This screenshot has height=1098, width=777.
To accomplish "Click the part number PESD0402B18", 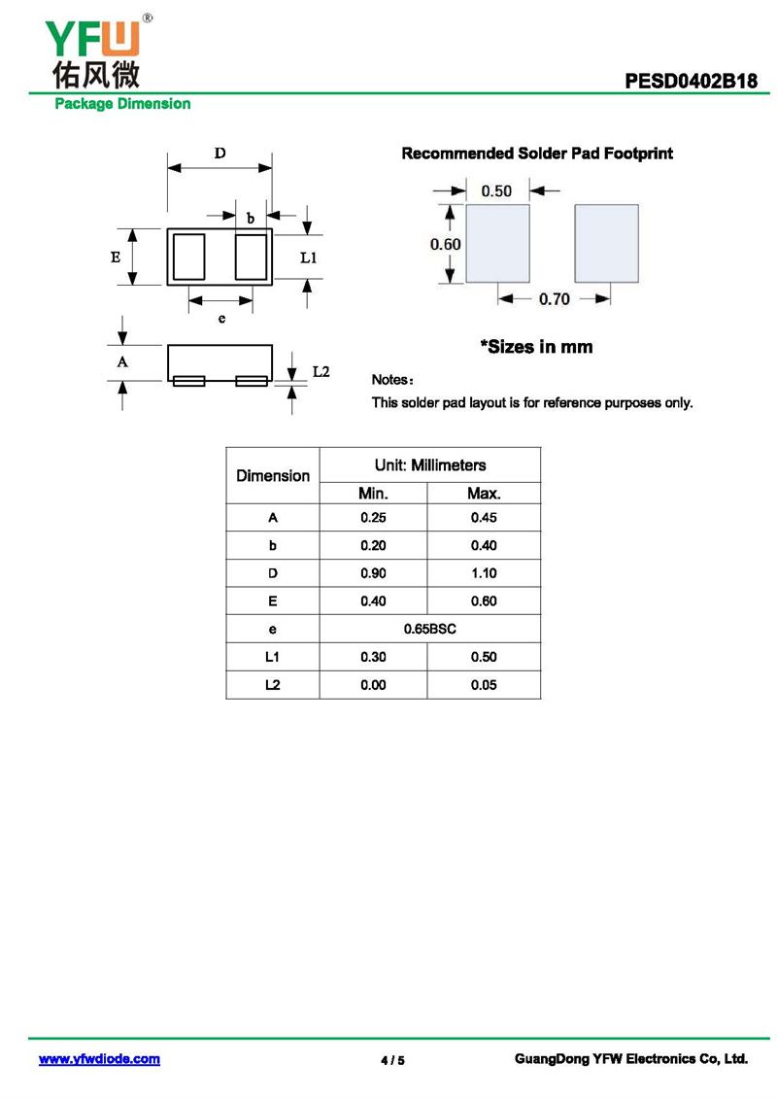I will tap(691, 82).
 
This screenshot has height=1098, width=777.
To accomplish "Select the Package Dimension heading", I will tap(122, 104).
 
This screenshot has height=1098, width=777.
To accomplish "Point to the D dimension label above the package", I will tap(220, 154).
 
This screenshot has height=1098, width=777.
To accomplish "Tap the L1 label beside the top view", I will tap(308, 257).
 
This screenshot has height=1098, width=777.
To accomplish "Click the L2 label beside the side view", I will tap(321, 372).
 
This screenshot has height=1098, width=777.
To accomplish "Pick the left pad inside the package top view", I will tap(188, 257).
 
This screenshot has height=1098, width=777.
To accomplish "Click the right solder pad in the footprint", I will tap(606, 243).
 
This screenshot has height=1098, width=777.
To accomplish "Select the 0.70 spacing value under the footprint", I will tap(554, 299).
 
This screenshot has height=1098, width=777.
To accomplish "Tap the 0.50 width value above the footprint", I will tap(496, 190).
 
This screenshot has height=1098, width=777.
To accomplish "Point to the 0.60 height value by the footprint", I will tap(445, 244).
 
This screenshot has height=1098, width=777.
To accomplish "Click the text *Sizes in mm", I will tap(536, 347).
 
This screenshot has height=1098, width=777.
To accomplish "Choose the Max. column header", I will tap(484, 494).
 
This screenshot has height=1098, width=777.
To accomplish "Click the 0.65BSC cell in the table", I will tap(429, 629).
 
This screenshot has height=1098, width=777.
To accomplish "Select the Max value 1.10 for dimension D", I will tap(484, 573).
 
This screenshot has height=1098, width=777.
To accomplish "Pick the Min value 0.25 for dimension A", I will tap(373, 517).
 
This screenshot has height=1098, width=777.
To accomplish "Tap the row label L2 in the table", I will tap(272, 685).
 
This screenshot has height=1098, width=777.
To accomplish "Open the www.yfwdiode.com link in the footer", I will tap(99, 1059).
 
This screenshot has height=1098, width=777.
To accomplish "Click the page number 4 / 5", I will tap(392, 1060).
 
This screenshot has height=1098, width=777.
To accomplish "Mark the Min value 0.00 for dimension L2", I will tap(373, 685).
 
